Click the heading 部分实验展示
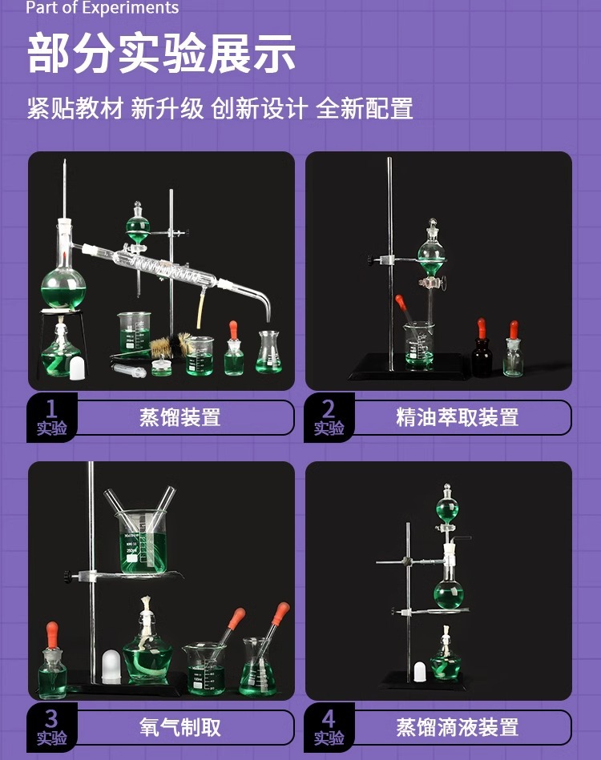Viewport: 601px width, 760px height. (161, 54)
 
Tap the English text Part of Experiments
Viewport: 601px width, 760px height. (102, 9)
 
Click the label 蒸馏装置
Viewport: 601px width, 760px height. (179, 417)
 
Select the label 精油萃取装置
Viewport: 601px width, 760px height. (457, 417)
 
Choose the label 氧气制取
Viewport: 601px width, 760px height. (179, 727)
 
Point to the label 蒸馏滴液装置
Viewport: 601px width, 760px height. (457, 727)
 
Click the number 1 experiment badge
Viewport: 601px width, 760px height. (52, 417)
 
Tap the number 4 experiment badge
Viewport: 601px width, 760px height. (329, 727)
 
